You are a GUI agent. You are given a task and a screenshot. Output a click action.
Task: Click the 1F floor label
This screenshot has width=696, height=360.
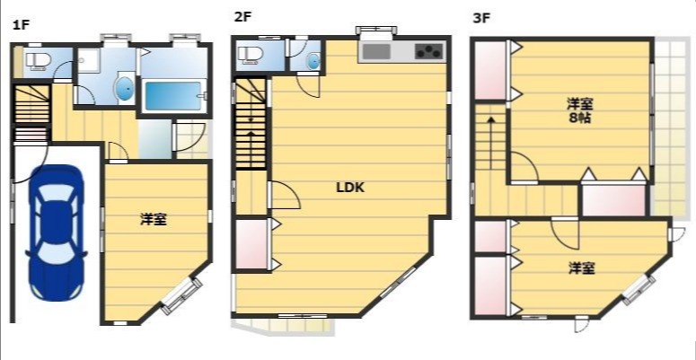pos(21,24)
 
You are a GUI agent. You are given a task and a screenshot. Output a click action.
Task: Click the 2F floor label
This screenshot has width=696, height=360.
pos(242,17)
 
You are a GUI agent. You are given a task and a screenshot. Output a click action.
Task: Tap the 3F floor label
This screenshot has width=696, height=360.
pos(481,18)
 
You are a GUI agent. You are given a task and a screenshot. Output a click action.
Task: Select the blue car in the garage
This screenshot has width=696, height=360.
pos(57,233)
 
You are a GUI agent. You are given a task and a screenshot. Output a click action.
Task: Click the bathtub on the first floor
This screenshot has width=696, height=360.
pos(174,96)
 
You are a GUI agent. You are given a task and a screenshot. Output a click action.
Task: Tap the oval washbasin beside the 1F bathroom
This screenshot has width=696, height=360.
pos(125,89)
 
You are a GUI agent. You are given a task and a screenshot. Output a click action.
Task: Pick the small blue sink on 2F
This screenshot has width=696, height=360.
pos(313,61)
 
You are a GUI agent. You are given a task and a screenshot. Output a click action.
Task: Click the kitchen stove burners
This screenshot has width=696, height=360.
pos(429,51)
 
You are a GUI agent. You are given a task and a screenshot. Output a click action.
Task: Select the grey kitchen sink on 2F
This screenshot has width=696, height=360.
pos(376,51)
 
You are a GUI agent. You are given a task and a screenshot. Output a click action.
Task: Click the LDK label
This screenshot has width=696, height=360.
pos(350,188)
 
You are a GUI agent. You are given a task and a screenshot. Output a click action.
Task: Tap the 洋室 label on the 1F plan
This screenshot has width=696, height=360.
pos(154,219)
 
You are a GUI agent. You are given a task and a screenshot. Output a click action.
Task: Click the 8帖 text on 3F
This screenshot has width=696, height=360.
pos(580,119)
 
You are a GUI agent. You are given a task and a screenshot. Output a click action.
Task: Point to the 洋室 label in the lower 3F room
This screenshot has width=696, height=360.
pos(581,268)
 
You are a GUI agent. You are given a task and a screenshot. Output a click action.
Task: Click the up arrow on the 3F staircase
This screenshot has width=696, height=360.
pos(491,142)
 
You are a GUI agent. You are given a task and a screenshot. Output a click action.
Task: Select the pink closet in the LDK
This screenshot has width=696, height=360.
pos(251,243)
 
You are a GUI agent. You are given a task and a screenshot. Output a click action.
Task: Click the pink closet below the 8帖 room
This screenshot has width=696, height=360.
pos(613,200)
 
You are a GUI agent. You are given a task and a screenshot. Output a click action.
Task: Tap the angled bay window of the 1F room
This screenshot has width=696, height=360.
pos(181,296)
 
